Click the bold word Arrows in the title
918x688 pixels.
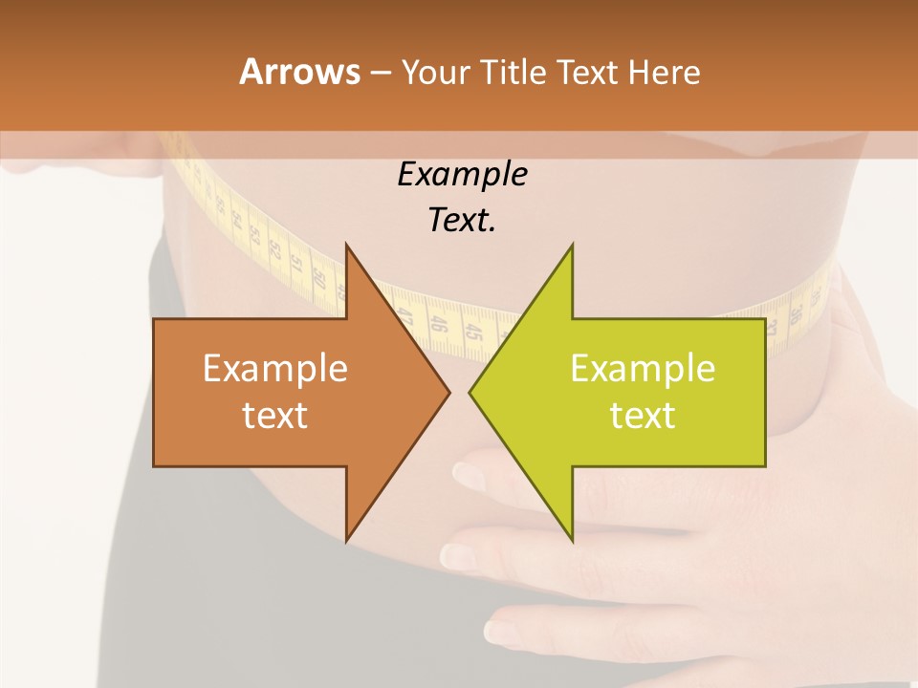tap(299, 72)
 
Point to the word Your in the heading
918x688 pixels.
tap(436, 73)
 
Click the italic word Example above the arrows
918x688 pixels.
tap(462, 174)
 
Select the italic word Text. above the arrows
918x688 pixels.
tap(462, 220)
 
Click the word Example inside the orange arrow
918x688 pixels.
tap(275, 369)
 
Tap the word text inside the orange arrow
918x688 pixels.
tap(275, 415)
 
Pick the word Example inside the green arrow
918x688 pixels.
tap(643, 369)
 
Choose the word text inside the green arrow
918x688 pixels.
tap(643, 415)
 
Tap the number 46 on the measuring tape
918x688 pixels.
tap(438, 323)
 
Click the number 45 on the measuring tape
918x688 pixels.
tap(472, 333)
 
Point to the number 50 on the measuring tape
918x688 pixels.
tap(318, 282)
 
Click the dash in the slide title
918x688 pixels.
tap(380, 73)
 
